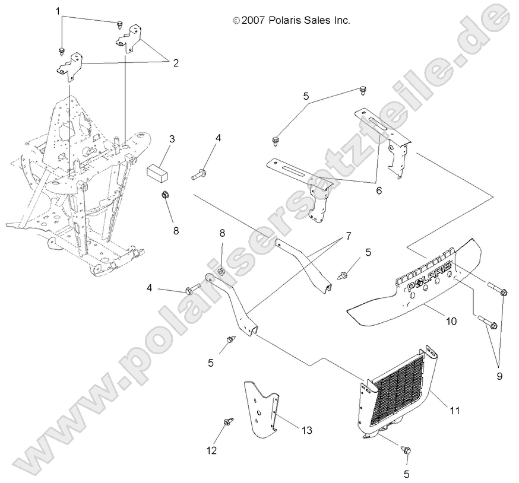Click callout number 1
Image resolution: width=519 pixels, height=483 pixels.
(x=58, y=11)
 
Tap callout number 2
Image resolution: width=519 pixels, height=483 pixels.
(x=176, y=62)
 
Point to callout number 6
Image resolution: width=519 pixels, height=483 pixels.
(x=379, y=191)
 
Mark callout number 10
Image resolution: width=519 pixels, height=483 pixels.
(x=451, y=321)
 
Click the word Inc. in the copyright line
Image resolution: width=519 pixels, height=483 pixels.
(x=340, y=20)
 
